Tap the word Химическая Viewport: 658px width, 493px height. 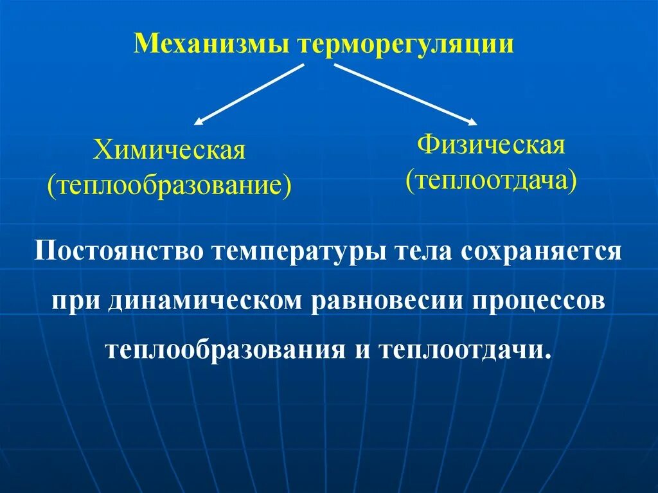click(x=170, y=151)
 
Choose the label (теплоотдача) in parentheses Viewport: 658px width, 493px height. click(x=492, y=180)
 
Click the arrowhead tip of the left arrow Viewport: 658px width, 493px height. click(x=195, y=122)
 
